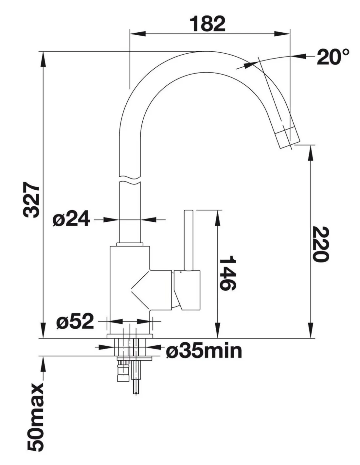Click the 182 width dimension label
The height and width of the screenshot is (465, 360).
(x=207, y=24)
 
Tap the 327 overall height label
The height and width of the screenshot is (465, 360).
(x=31, y=200)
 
